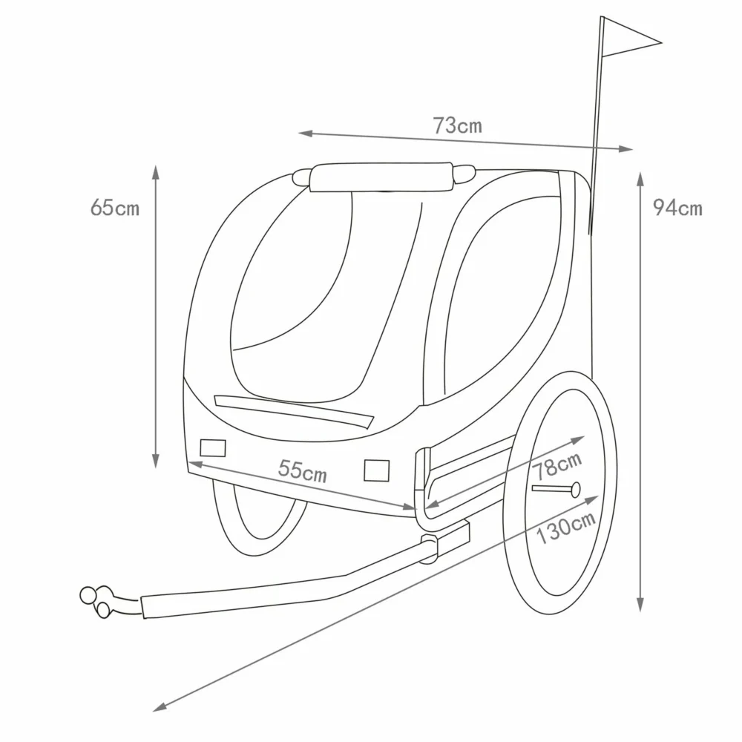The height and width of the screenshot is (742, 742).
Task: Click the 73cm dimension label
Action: point(458,126)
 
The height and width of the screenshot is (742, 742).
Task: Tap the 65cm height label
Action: point(115,207)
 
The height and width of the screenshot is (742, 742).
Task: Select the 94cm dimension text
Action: point(677,208)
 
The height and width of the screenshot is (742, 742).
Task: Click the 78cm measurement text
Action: point(557,466)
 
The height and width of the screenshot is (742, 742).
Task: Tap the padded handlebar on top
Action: point(382,177)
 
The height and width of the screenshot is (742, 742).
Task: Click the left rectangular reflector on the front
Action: point(213,447)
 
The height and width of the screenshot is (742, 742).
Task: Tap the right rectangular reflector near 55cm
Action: point(377,470)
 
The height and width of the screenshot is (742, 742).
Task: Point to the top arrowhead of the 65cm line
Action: point(156,172)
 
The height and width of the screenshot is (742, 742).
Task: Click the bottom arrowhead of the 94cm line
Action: point(640,604)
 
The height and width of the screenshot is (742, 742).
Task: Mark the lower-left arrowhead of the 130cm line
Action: point(160,707)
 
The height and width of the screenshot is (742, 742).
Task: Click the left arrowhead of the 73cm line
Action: point(306,134)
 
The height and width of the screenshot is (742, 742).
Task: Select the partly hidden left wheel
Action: point(259,518)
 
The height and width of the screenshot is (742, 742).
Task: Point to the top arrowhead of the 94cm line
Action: point(640,180)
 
